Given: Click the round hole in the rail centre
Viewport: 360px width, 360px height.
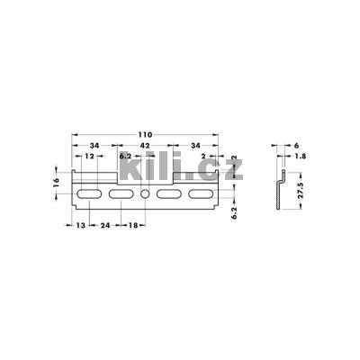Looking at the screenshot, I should pyautogui.click(x=145, y=193).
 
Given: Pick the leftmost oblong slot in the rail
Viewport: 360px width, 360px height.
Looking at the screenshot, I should pyautogui.click(x=87, y=193).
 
